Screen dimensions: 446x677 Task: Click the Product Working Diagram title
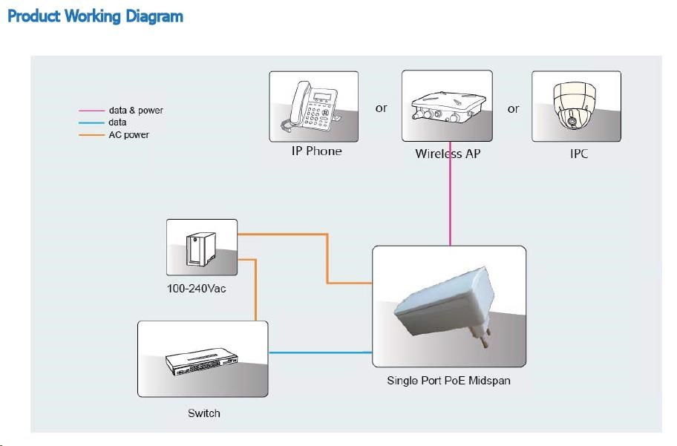click(x=95, y=16)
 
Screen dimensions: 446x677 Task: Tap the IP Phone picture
click(x=313, y=105)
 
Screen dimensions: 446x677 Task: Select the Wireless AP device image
click(x=447, y=105)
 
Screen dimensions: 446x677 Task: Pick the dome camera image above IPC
click(x=576, y=105)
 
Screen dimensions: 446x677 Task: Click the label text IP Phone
click(x=316, y=151)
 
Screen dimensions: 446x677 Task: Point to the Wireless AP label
click(x=448, y=154)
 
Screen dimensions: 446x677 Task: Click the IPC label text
click(x=579, y=154)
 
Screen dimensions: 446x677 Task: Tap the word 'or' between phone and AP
click(x=381, y=108)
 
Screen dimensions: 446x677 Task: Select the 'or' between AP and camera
click(x=513, y=109)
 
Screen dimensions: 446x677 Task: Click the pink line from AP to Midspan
click(x=450, y=200)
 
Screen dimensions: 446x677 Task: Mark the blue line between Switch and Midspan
click(x=319, y=352)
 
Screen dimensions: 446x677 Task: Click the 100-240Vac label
click(x=197, y=288)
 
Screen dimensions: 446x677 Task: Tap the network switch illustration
click(x=202, y=361)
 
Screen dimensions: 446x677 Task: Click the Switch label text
click(x=203, y=413)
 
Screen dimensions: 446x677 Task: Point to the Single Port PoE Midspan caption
click(x=448, y=381)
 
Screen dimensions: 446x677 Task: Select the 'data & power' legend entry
click(x=136, y=111)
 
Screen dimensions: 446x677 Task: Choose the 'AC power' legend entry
click(x=129, y=135)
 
